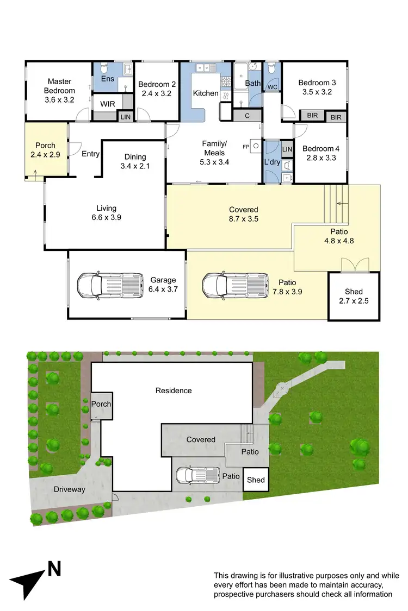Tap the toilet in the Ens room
105,69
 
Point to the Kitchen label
206,93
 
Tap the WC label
271,86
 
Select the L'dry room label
271,162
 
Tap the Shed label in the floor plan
354,292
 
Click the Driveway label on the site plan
69,489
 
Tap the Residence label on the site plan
174,390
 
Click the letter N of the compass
54,570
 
